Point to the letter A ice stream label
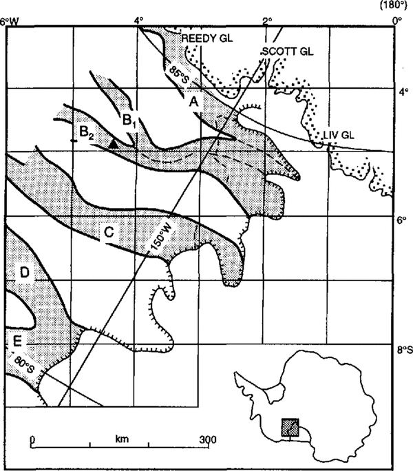click(x=195, y=102)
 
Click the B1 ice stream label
click(x=129, y=120)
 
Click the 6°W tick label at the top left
click(x=10, y=20)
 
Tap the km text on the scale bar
click(x=123, y=438)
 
